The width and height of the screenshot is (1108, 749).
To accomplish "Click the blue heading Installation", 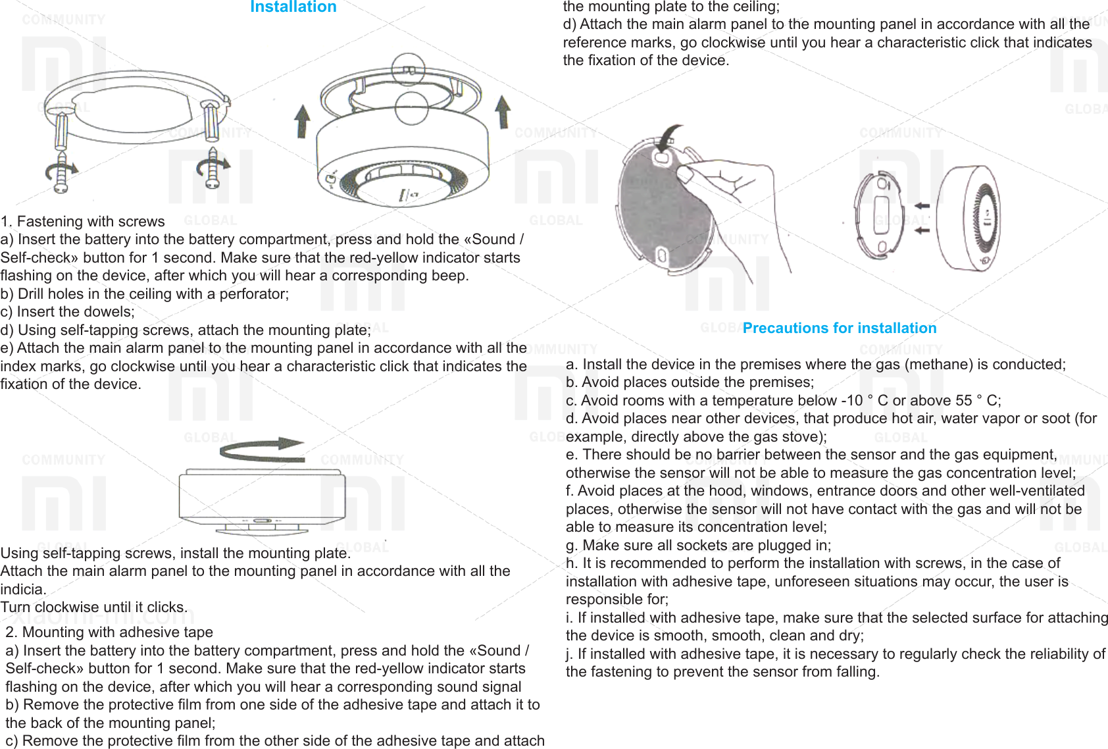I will (x=293, y=7).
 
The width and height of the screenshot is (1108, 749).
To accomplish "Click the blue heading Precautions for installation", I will (x=839, y=328).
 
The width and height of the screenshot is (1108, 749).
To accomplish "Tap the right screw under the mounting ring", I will (x=212, y=168).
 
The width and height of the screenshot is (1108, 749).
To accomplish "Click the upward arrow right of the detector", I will (x=503, y=111).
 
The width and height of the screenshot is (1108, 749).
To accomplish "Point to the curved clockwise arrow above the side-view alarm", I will (x=262, y=450).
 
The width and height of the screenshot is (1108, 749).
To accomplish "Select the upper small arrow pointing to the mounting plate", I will (x=922, y=205).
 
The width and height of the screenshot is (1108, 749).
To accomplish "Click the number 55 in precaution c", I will (x=963, y=400).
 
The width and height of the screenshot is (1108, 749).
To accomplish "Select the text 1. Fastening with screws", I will (x=83, y=221).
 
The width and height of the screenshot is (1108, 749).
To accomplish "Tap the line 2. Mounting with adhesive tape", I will (x=109, y=632).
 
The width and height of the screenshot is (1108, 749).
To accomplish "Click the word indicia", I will (x=22, y=589).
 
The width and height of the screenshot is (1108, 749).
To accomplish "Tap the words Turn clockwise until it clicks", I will (x=94, y=607).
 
